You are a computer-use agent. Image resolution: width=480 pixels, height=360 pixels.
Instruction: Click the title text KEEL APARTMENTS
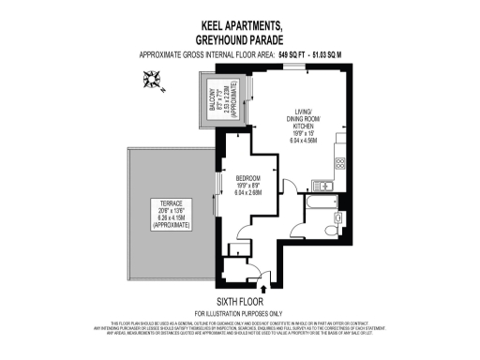(x=239, y=27)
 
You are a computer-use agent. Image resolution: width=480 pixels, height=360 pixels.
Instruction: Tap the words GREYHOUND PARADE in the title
(x=239, y=40)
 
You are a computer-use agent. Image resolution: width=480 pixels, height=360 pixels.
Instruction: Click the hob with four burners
(x=338, y=161)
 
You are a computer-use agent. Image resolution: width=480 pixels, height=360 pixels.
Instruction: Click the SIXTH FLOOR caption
(x=239, y=301)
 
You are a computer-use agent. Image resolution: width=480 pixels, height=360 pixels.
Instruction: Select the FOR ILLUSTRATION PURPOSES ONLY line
(x=239, y=312)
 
